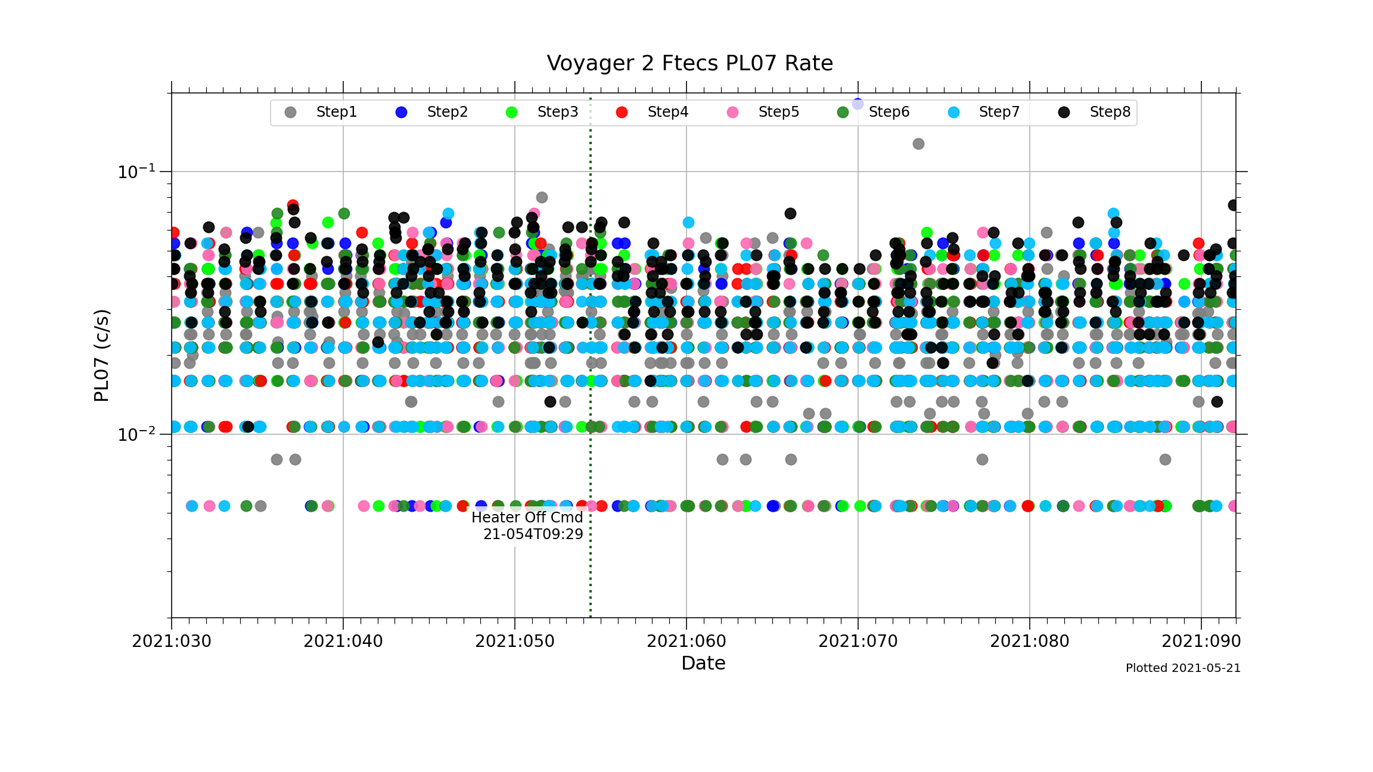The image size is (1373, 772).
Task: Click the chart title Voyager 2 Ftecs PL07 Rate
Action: click(x=689, y=63)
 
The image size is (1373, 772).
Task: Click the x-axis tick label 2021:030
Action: click(x=172, y=642)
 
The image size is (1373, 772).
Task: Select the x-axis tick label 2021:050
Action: click(x=515, y=642)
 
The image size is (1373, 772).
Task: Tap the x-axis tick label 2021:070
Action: click(x=858, y=642)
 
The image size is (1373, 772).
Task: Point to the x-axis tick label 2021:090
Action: click(x=1201, y=642)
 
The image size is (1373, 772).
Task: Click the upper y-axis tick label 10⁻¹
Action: click(x=136, y=172)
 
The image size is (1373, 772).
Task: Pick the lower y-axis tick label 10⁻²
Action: click(x=136, y=434)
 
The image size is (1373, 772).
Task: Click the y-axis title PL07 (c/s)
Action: click(x=101, y=355)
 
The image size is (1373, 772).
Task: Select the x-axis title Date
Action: click(x=703, y=663)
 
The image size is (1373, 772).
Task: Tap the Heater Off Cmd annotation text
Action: click(x=527, y=517)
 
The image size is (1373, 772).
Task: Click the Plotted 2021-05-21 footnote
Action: click(x=1183, y=668)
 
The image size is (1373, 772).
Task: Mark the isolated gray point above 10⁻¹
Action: click(x=918, y=144)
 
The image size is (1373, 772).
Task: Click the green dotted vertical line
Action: click(x=591, y=572)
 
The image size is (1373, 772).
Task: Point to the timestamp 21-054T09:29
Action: click(x=533, y=534)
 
